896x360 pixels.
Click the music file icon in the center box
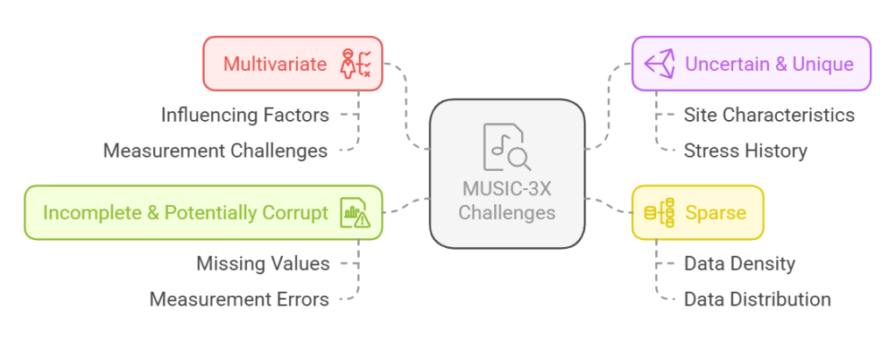pyautogui.click(x=506, y=148)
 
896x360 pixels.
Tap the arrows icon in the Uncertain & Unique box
pyautogui.click(x=659, y=64)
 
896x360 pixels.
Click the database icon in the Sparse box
pyautogui.click(x=659, y=212)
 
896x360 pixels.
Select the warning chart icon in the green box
pyautogui.click(x=356, y=212)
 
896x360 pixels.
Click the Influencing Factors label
pyautogui.click(x=244, y=115)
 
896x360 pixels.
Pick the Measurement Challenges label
pyautogui.click(x=215, y=151)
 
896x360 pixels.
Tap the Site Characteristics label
pyautogui.click(x=769, y=115)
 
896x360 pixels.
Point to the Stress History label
pyautogui.click(x=745, y=151)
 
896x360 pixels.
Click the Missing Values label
pyautogui.click(x=263, y=264)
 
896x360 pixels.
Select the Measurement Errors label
pyautogui.click(x=239, y=300)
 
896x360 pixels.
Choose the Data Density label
pyautogui.click(x=739, y=264)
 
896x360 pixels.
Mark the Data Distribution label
pyautogui.click(x=757, y=300)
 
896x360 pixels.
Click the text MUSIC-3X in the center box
pyautogui.click(x=506, y=188)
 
